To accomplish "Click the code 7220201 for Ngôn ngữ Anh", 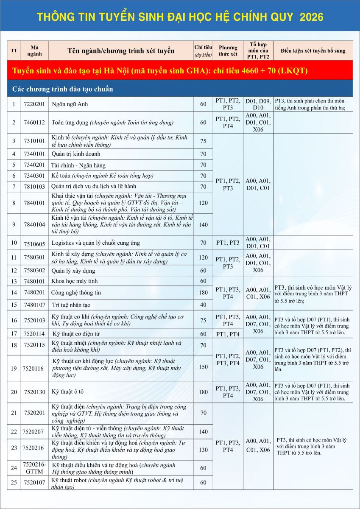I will [35, 104].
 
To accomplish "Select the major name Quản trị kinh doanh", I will [73, 154].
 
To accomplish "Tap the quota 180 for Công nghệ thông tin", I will [203, 292].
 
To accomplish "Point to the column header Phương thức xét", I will [228, 50].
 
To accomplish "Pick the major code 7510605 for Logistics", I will [35, 243].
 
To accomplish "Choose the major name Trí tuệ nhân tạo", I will [71, 305].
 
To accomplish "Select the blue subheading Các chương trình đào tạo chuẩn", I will [62, 89].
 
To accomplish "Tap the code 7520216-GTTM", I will [35, 467].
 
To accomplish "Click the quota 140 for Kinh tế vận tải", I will [203, 224].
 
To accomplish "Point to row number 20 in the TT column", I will [14, 392].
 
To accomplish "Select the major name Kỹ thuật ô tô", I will [67, 392].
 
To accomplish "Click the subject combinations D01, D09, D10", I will [258, 104].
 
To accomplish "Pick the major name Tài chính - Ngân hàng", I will [78, 165].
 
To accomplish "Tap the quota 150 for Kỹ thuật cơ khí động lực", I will [203, 367].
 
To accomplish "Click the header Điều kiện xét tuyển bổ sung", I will [313, 50].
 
